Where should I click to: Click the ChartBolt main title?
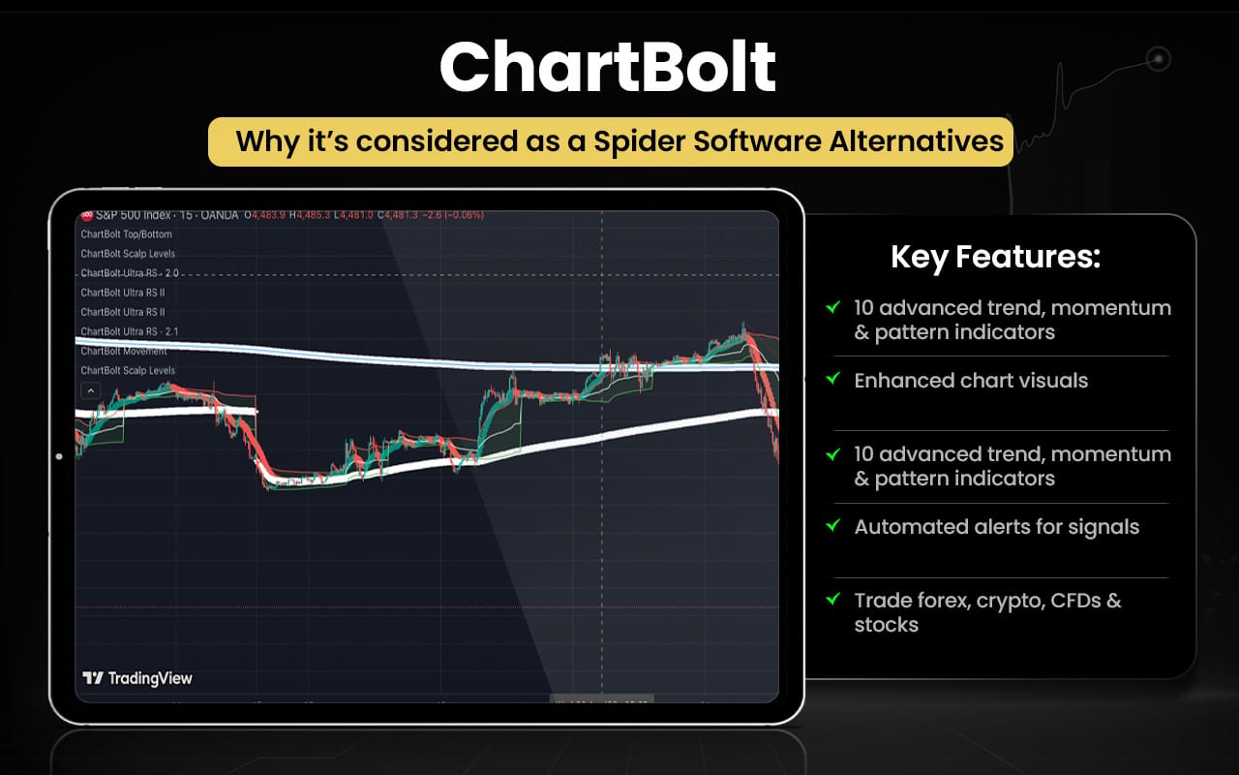pos(608,67)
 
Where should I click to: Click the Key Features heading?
pos(995,258)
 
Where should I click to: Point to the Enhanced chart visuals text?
pos(970,381)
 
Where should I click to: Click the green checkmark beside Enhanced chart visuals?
pos(831,380)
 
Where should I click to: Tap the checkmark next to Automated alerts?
pos(831,526)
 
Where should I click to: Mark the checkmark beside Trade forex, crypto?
pos(831,600)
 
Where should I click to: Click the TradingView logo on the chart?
pos(137,678)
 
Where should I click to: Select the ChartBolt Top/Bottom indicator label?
pos(127,234)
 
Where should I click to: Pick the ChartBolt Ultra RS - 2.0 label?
pos(130,273)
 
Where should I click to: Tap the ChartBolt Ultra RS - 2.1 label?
pos(130,331)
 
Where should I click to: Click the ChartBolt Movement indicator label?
pos(124,351)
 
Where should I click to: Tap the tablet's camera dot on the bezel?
pos(59,456)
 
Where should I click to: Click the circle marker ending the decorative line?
pos(1158,60)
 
